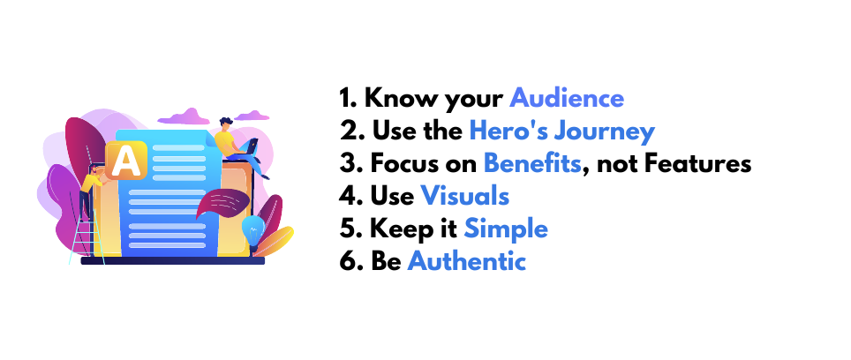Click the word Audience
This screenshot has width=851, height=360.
[567, 99]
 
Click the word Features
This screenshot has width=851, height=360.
[703, 163]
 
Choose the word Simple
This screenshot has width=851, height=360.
[506, 229]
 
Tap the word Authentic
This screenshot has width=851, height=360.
[467, 261]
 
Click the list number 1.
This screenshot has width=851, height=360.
[347, 99]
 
